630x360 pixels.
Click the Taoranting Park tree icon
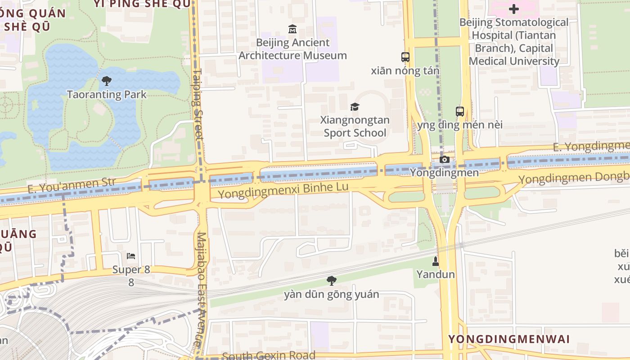[x=107, y=81]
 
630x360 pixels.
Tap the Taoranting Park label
[x=107, y=94]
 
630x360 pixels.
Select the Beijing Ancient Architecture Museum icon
[x=292, y=29]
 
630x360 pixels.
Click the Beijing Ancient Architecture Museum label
[x=292, y=49]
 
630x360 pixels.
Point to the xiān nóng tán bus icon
[x=405, y=57]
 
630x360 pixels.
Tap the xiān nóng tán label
[x=405, y=71]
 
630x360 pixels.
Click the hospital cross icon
[x=514, y=9]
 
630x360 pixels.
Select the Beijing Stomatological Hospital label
[x=514, y=41]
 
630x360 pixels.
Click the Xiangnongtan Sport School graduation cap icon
[x=355, y=107]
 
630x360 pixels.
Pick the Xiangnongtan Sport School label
[x=355, y=126]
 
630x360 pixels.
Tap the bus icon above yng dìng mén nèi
[x=459, y=111]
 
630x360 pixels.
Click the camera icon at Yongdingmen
[x=445, y=160]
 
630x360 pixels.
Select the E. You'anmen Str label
[x=72, y=185]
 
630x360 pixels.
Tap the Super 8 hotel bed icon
[x=131, y=256]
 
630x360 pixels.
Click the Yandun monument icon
[x=436, y=261]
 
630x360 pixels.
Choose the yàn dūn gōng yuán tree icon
[x=332, y=281]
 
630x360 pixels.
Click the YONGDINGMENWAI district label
[x=509, y=339]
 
